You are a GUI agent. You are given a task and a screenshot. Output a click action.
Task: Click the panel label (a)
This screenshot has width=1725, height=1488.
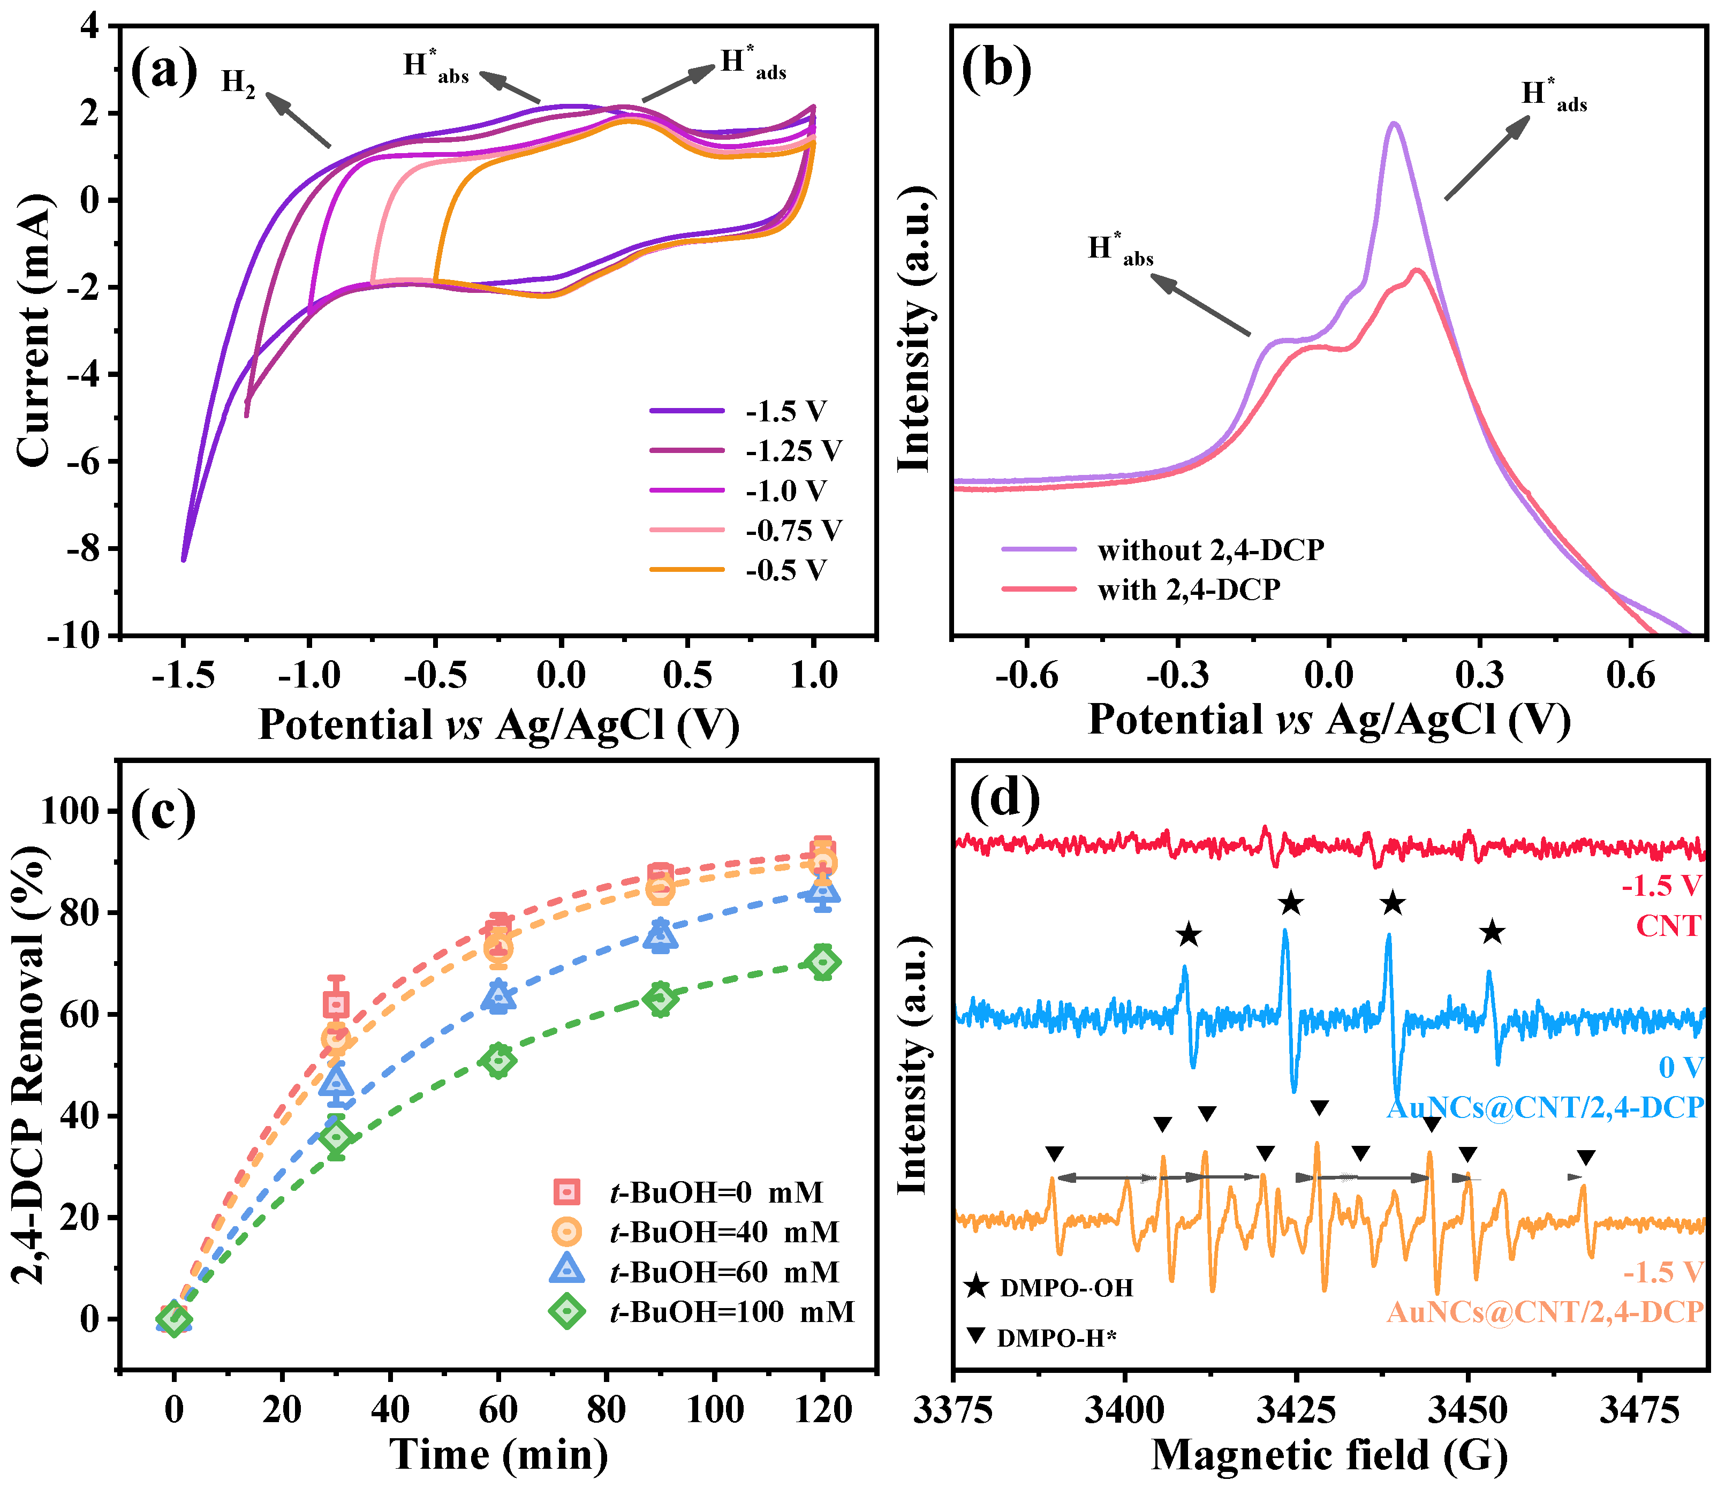[x=164, y=70]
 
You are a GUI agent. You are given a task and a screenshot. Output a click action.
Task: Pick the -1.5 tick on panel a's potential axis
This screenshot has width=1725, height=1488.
[x=183, y=675]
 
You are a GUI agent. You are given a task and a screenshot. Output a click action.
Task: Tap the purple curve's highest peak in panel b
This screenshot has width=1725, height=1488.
[x=1393, y=124]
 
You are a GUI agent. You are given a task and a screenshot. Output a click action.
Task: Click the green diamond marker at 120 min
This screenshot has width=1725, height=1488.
[x=822, y=963]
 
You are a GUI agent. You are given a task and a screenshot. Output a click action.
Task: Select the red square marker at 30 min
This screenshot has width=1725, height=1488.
[x=336, y=1004]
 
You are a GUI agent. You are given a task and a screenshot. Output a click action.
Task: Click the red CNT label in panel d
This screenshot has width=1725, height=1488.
[x=1668, y=925]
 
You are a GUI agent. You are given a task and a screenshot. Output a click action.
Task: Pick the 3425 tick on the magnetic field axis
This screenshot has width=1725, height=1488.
[x=1296, y=1410]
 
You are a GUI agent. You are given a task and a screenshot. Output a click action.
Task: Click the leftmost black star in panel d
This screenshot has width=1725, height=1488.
[x=1188, y=935]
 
